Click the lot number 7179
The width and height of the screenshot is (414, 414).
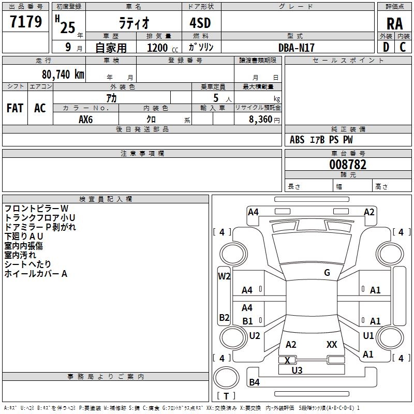click(x=26, y=22)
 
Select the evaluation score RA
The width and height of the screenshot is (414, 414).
click(x=394, y=24)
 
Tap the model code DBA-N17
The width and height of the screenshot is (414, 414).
click(x=297, y=48)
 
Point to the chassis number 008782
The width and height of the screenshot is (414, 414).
click(x=348, y=165)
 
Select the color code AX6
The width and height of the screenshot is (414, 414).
click(x=86, y=119)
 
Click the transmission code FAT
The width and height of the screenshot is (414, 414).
click(x=15, y=108)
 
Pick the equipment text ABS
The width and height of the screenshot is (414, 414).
click(x=297, y=140)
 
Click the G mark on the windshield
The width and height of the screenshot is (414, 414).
click(x=327, y=273)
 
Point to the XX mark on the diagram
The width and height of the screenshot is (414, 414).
click(x=332, y=344)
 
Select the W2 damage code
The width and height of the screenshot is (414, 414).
click(x=224, y=276)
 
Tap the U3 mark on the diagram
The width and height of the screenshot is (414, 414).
click(x=297, y=370)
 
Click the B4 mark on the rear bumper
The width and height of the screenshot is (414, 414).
click(x=254, y=382)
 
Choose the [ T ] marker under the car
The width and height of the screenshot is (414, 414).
click(x=226, y=396)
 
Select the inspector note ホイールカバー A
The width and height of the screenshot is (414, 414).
click(x=36, y=274)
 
